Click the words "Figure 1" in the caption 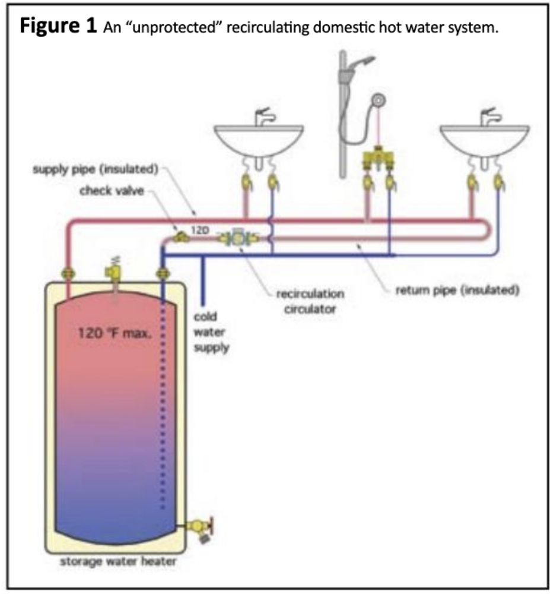53,27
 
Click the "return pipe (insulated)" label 457,290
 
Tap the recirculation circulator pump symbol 238,238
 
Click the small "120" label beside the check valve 198,230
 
